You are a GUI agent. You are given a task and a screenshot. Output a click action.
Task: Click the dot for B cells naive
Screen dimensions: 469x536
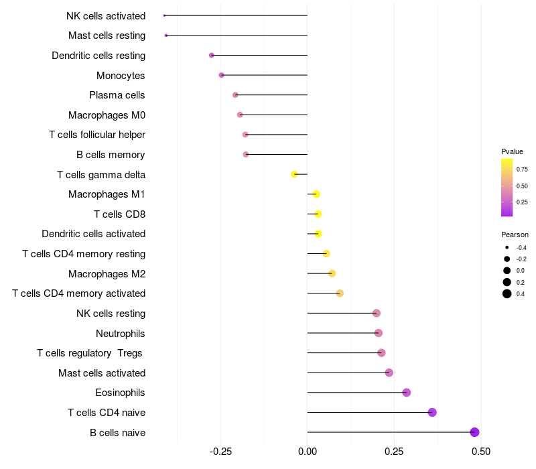[474, 432]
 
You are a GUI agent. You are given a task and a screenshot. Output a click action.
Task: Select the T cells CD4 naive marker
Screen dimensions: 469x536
[432, 412]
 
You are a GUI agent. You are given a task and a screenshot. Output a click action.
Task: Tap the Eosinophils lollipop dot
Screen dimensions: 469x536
[406, 393]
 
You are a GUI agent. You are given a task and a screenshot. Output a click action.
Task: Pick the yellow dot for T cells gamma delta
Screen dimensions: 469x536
[294, 174]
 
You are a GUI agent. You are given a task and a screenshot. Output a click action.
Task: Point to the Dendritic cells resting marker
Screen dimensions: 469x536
[212, 55]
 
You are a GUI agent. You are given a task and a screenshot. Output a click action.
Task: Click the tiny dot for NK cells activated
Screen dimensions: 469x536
[164, 15]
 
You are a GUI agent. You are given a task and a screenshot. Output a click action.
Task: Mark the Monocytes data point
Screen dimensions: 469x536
[222, 75]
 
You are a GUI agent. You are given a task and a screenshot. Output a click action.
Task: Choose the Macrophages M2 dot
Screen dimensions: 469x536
[332, 273]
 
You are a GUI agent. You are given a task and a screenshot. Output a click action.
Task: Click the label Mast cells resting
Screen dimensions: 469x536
[107, 36]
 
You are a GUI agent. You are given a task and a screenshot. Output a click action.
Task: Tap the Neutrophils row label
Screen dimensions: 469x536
[121, 333]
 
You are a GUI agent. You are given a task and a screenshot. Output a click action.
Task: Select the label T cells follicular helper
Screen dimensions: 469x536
[97, 135]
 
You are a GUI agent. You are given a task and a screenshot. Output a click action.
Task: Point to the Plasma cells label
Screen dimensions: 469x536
[117, 95]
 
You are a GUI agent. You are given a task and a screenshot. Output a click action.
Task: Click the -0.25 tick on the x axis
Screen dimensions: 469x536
[221, 452]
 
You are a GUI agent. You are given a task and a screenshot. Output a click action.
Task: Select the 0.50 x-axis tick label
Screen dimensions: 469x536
[480, 452]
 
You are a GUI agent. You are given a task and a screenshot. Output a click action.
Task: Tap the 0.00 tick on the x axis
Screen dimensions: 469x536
[308, 452]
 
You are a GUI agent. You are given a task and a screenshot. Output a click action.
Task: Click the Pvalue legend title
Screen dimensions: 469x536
[512, 151]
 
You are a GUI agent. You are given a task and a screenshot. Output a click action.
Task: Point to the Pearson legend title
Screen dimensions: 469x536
[515, 234]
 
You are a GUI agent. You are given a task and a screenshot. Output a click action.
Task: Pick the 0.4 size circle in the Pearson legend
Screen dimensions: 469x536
[507, 293]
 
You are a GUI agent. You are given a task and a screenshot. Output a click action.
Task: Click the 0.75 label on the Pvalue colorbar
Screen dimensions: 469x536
[522, 170]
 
